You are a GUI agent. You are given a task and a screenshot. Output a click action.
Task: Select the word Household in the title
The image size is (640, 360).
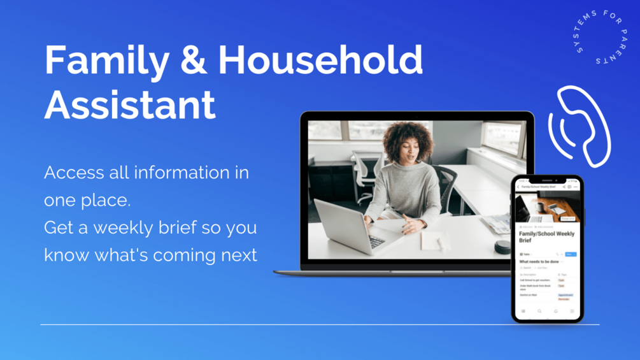pyautogui.click(x=320, y=61)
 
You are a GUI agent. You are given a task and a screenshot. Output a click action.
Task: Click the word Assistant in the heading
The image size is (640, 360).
pyautogui.click(x=130, y=105)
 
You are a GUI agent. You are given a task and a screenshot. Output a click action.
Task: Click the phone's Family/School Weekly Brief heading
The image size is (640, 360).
pyautogui.click(x=547, y=237)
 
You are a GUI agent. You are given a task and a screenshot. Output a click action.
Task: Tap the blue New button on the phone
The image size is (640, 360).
pyautogui.click(x=569, y=254)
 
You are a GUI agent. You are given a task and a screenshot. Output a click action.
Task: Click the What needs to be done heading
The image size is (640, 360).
pyautogui.click(x=539, y=261)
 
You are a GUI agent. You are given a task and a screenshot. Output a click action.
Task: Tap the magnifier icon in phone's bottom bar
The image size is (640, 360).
pyautogui.click(x=539, y=312)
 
